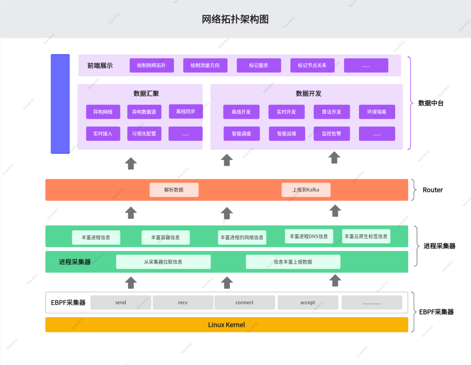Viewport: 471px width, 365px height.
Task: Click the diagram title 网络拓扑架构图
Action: click(235, 19)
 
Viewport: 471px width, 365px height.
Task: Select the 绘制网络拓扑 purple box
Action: click(151, 65)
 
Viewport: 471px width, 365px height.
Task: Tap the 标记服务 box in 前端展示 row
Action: click(259, 65)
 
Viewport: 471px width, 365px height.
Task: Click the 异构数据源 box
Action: click(144, 112)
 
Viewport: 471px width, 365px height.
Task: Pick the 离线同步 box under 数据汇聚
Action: click(186, 112)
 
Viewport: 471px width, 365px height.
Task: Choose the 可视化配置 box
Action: click(144, 134)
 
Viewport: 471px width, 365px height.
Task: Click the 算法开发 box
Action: click(331, 112)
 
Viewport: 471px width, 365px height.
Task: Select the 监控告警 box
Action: click(331, 134)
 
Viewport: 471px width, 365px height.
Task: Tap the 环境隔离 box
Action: click(377, 112)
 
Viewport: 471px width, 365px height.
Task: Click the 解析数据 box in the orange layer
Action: click(174, 190)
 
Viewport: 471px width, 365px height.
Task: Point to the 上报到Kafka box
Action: click(306, 190)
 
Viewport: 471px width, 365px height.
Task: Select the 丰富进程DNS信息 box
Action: click(309, 236)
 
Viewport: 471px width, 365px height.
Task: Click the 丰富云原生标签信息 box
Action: click(366, 236)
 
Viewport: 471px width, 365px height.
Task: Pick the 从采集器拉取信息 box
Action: click(163, 262)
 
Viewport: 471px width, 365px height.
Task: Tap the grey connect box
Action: click(244, 303)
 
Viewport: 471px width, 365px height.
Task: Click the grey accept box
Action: click(307, 303)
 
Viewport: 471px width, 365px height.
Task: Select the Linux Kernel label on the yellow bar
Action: click(226, 325)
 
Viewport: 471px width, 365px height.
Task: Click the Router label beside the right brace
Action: click(433, 190)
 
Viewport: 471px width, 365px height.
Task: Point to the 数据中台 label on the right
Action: click(430, 103)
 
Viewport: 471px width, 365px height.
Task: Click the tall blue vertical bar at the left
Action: click(60, 104)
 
